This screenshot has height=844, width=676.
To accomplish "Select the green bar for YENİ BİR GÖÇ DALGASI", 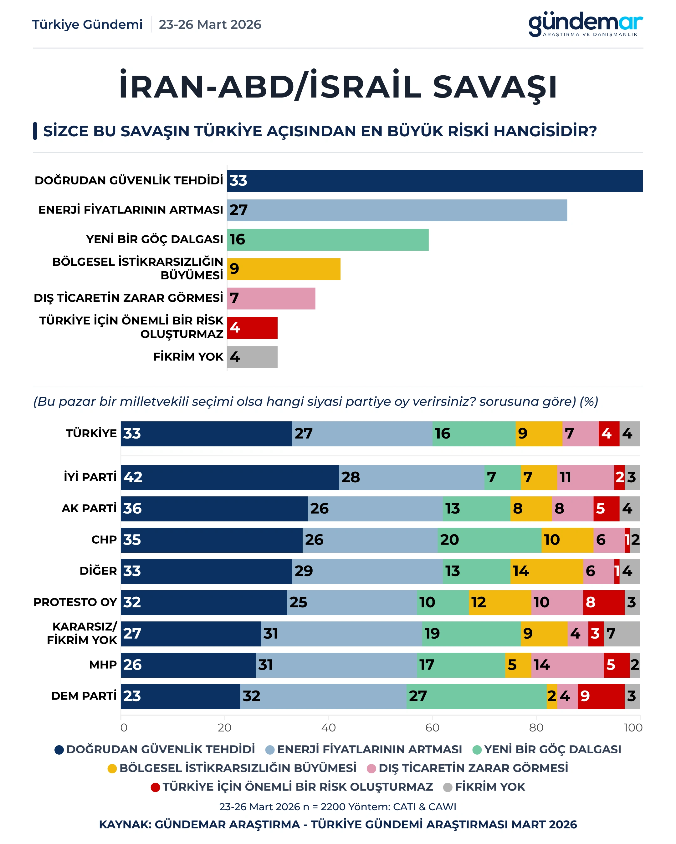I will point(328,239).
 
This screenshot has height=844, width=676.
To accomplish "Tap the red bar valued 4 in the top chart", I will point(252,328).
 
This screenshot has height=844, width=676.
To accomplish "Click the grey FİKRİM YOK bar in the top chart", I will point(252,357).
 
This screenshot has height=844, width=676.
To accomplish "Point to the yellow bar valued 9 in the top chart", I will point(284,269).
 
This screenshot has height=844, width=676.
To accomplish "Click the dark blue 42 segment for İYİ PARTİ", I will point(230,477).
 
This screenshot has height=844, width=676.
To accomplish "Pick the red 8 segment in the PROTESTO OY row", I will point(603,602).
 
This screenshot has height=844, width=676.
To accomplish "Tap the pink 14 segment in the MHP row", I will point(567,665).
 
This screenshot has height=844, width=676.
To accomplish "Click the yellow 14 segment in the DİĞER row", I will point(546,571).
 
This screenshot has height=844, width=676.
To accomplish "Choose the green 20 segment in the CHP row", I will point(489,540).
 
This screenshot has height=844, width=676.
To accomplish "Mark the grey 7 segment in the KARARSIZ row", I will point(622,633).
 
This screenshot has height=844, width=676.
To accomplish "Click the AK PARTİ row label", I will point(89,509).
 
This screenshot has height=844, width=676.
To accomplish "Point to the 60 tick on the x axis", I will point(432,727).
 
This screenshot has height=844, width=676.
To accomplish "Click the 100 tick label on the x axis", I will point(633,727).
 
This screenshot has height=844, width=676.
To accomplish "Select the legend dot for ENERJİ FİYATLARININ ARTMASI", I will point(269,750).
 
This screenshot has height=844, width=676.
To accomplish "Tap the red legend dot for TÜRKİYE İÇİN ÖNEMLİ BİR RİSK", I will point(155,787).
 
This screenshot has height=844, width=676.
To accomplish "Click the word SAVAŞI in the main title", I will point(494,87).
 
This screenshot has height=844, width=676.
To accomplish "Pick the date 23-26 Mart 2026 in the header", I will point(210,25).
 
